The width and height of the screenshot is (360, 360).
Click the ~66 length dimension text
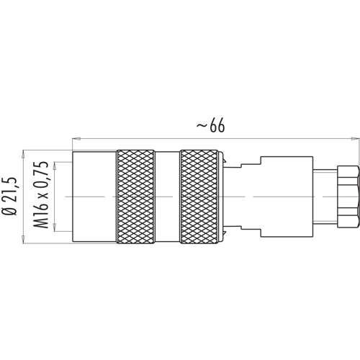[211, 125]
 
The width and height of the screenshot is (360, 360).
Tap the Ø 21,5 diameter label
[9, 197]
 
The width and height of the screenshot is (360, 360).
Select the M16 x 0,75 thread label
[41, 194]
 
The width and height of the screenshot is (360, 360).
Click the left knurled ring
[135, 197]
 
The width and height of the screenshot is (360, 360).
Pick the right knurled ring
[199, 197]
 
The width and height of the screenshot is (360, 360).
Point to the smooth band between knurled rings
[167, 197]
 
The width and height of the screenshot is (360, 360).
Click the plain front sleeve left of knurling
[94, 197]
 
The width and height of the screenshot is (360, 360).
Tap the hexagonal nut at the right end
[348, 197]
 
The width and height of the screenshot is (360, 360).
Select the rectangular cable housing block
[287, 197]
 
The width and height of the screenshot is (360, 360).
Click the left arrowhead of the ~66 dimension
[76, 138]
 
